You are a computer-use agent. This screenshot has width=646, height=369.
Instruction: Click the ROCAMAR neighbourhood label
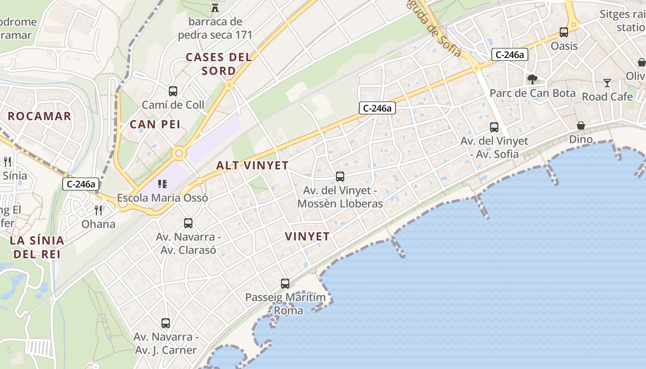(40, 116)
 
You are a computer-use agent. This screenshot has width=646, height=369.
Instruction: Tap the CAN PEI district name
(155, 125)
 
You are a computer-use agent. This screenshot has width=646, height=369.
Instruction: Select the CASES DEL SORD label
(219, 64)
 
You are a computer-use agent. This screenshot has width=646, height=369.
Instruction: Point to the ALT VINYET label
(252, 166)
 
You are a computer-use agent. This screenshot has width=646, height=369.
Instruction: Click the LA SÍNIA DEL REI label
(37, 247)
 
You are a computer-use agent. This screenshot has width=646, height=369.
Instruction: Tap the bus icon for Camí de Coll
(173, 91)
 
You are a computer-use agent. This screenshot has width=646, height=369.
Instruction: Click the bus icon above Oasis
(564, 32)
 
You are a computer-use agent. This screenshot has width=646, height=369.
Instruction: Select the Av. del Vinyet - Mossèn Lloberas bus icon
(340, 176)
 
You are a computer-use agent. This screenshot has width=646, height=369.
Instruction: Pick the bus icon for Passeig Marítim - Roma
(285, 284)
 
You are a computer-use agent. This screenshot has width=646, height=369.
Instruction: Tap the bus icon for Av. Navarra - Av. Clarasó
(188, 223)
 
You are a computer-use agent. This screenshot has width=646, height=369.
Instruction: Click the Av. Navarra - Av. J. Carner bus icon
(166, 323)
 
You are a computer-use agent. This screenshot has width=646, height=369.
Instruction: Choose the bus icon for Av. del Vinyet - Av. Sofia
(494, 127)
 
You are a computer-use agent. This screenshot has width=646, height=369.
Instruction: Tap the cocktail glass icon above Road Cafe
(607, 83)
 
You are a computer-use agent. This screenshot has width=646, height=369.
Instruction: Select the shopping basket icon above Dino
(581, 125)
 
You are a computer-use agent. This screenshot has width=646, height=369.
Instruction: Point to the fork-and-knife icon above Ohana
(98, 210)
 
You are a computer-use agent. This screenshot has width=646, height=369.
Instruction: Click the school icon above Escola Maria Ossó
(162, 184)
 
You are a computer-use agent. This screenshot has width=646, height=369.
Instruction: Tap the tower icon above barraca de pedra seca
(215, 7)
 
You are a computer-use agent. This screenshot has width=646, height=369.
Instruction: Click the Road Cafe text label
(607, 97)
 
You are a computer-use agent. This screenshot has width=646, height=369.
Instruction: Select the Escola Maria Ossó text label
(162, 198)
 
